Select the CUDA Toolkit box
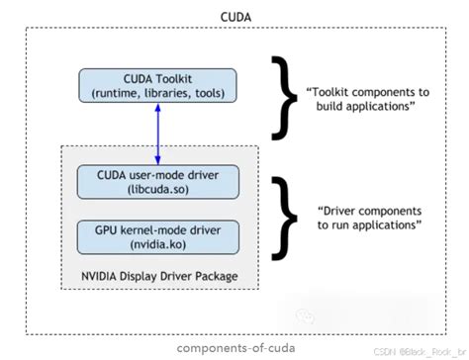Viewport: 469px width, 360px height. (158, 85)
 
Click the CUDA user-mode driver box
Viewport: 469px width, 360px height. (158, 181)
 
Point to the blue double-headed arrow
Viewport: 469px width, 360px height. (158, 134)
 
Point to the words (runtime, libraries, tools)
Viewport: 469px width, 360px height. (158, 93)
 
